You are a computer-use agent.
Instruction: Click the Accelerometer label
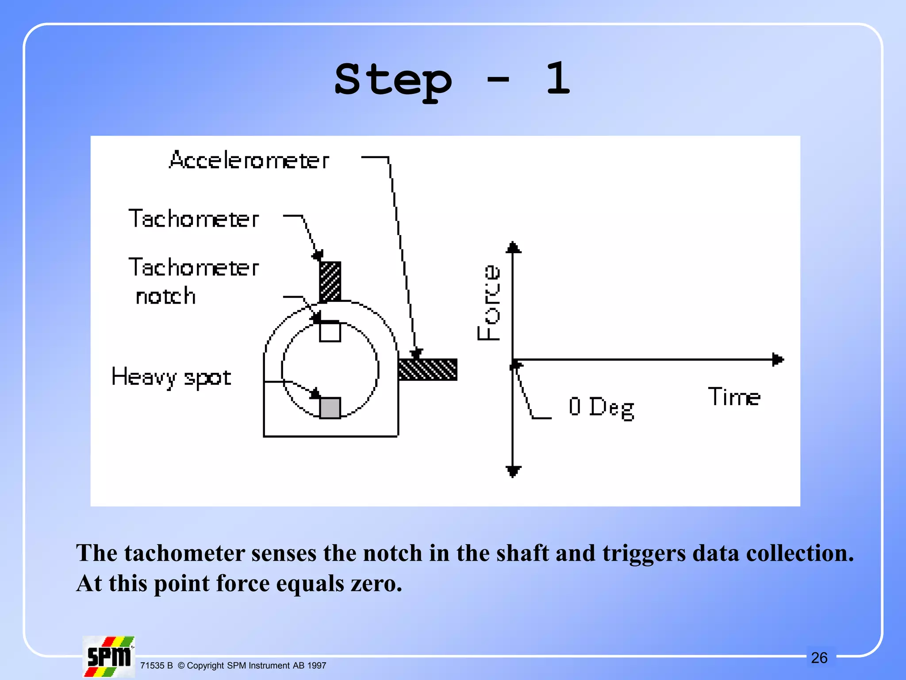pos(249,160)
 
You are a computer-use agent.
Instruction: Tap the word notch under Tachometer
pos(165,296)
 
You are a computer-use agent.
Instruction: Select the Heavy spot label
pos(171,378)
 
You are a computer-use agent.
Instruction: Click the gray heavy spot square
pos(330,408)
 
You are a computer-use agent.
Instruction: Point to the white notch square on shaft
pos(330,332)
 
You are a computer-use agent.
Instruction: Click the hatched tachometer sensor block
pos(330,282)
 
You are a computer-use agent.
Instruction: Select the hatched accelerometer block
pos(427,370)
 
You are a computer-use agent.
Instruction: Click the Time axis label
pos(734,397)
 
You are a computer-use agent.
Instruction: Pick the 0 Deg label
pos(602,407)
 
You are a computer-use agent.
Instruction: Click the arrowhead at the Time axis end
pos(778,359)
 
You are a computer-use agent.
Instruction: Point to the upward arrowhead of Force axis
pos(513,247)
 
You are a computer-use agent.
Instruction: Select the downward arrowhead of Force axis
pos(513,471)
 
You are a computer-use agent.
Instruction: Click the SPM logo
pos(109,657)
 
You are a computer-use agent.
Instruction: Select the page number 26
pos(819,658)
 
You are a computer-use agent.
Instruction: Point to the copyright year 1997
pos(317,665)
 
